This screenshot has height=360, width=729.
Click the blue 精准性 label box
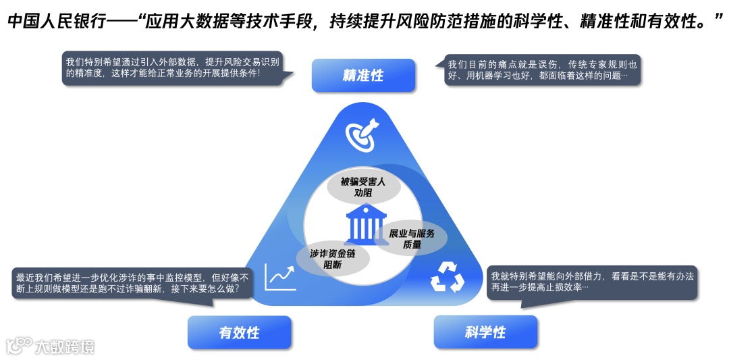point(363,75)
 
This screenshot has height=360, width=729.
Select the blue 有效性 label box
point(239,332)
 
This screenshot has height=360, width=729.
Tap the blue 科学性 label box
point(485,332)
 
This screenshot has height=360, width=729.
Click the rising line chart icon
point(281,276)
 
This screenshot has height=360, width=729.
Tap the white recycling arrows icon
point(447,276)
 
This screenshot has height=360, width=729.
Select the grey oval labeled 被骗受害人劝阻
point(364,186)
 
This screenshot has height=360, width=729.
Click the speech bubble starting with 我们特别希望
point(171,68)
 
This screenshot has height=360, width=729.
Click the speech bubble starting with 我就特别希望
point(593,282)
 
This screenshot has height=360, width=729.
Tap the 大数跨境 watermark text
point(65,346)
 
